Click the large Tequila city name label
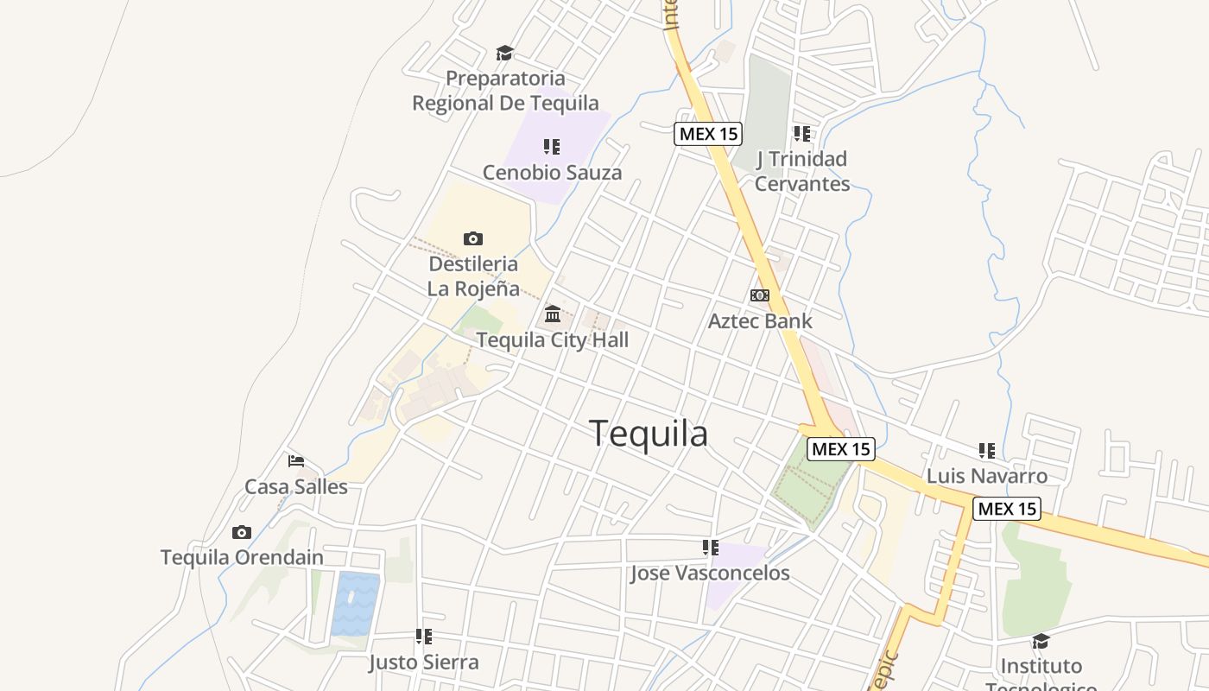[649, 434]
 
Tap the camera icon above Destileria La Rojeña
[472, 238]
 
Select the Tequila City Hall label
[553, 340]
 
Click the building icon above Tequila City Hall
[553, 314]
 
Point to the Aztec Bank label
[760, 321]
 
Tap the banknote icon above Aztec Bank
[760, 295]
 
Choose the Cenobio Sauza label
[552, 173]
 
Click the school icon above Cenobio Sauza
[552, 147]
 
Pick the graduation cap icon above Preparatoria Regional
[504, 54]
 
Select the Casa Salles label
[296, 487]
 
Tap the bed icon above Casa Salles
[296, 460]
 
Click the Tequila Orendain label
[242, 558]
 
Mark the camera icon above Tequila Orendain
[242, 532]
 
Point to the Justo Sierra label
[423, 663]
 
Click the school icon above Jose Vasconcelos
[710, 547]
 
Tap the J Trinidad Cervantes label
[802, 171]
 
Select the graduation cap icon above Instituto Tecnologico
[1041, 641]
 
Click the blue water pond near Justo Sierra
[356, 603]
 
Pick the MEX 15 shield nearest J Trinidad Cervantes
[708, 134]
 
